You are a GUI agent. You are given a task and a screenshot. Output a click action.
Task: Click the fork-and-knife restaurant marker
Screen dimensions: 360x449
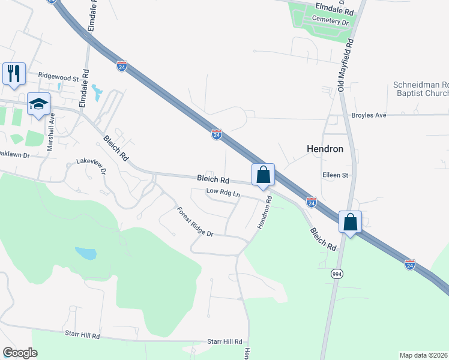(14, 74)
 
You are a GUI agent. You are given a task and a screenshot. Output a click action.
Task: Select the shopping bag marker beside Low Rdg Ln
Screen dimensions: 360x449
(263, 175)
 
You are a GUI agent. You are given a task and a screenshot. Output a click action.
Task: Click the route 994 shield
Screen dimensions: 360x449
(337, 273)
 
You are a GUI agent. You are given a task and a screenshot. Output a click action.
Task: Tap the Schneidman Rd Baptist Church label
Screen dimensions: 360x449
(420, 89)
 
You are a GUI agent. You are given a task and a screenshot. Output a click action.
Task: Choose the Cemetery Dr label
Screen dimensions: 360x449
(330, 22)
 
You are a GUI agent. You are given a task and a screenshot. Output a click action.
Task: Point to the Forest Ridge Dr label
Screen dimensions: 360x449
(194, 222)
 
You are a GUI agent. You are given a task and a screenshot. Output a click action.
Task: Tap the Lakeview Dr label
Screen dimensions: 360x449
(91, 166)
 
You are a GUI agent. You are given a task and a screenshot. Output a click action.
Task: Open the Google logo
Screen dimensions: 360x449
(20, 353)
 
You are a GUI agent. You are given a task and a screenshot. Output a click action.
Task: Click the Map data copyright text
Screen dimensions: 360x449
(424, 355)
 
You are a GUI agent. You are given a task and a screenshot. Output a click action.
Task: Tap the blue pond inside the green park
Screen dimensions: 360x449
(86, 253)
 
